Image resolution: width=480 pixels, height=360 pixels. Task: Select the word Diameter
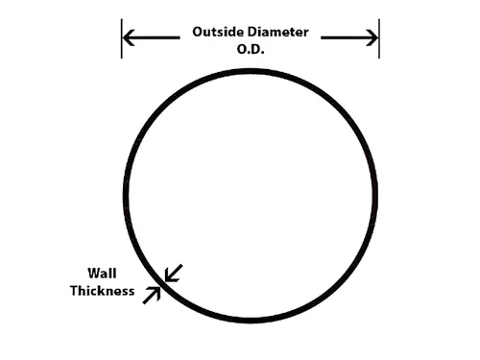(278, 32)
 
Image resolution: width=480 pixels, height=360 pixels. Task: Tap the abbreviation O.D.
(251, 49)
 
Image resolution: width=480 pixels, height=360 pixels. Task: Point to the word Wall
(102, 274)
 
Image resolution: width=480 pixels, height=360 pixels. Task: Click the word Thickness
(103, 291)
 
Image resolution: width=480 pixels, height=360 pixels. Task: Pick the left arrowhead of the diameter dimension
(129, 37)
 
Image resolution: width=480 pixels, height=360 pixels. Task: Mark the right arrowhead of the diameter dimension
(372, 37)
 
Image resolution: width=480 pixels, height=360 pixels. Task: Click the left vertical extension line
(122, 38)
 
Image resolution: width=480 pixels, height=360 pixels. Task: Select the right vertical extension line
(379, 38)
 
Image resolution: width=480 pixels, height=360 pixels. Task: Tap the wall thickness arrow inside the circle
(174, 273)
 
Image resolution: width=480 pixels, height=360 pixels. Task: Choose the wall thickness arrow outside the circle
(152, 295)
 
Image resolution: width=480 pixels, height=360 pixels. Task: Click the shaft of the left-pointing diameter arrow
(152, 37)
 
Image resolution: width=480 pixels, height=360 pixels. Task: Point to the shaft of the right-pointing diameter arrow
(349, 37)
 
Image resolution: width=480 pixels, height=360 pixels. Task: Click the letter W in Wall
(93, 274)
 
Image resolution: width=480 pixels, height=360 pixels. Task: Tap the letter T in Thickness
(74, 291)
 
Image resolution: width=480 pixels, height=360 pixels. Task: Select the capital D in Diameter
(252, 32)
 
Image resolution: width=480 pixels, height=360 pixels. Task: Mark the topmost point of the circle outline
(251, 71)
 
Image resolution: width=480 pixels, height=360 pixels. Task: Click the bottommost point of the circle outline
(251, 321)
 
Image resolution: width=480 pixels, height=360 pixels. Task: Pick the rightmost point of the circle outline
(375, 196)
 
